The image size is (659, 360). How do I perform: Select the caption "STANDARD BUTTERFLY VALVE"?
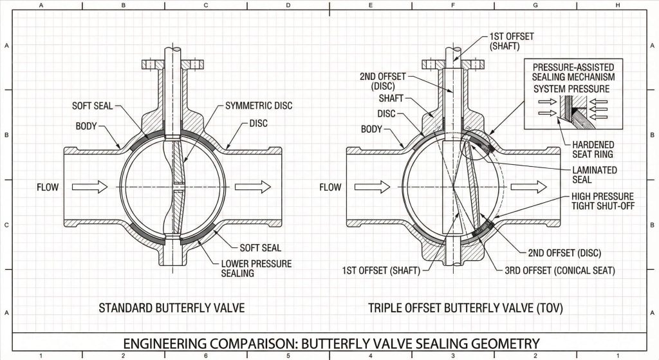coord(172,308)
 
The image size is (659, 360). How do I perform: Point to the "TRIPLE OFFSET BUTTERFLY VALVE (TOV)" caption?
coord(465,308)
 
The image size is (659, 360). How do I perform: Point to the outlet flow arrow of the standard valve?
coord(253,187)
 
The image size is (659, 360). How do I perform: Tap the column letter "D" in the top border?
coord(288,5)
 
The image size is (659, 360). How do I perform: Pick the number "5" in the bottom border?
coord(288,355)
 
